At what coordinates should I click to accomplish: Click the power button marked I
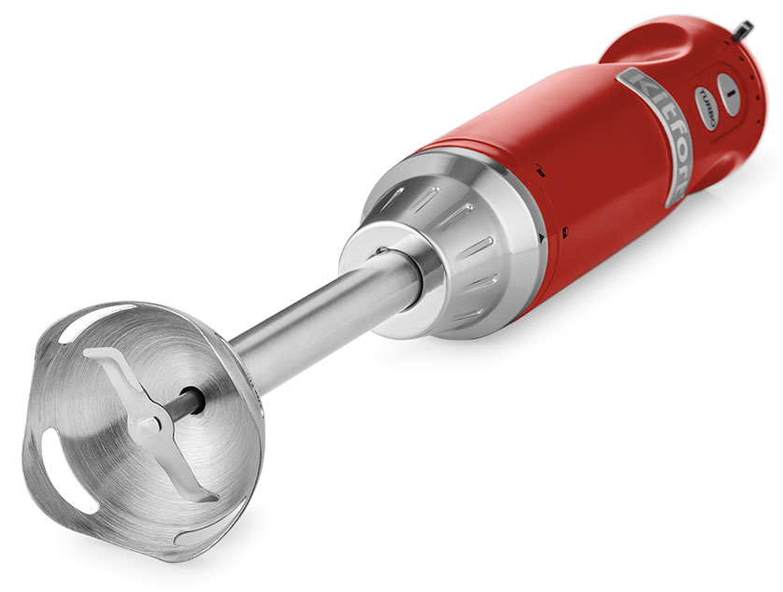(x=728, y=94)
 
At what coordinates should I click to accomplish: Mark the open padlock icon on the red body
(x=540, y=171)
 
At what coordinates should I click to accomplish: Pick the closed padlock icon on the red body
(x=565, y=231)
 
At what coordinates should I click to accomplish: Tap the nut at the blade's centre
(x=149, y=427)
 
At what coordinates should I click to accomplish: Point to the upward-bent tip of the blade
(x=95, y=353)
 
